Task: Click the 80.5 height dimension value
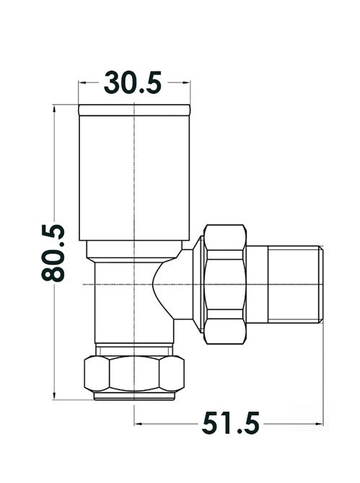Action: pyautogui.click(x=54, y=253)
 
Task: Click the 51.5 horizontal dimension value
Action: pyautogui.click(x=230, y=422)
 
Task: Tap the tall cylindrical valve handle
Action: pyautogui.click(x=134, y=177)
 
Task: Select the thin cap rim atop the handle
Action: pyautogui.click(x=134, y=110)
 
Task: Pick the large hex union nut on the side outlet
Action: pyautogui.click(x=226, y=283)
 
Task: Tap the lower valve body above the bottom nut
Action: pyautogui.click(x=123, y=303)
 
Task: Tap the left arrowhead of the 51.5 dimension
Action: pyautogui.click(x=138, y=423)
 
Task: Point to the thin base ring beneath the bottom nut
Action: pyautogui.click(x=135, y=396)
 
